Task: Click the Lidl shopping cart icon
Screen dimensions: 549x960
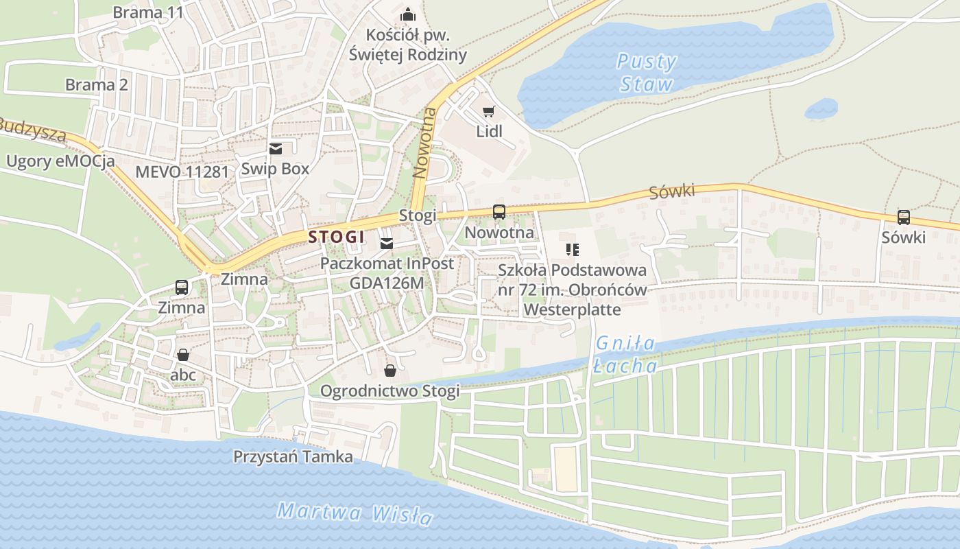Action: (x=488, y=112)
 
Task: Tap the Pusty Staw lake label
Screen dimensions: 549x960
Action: (x=646, y=73)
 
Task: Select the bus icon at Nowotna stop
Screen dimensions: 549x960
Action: (x=499, y=212)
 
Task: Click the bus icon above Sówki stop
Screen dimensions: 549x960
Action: (x=904, y=218)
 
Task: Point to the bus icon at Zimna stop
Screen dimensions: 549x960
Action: (x=182, y=288)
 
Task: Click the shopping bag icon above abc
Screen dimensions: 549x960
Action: (x=183, y=355)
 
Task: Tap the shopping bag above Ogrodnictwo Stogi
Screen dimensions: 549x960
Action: (x=390, y=371)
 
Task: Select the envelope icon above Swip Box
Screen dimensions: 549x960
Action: (x=276, y=148)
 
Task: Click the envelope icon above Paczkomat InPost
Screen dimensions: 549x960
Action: (x=387, y=244)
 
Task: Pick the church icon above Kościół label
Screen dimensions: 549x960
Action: (x=408, y=14)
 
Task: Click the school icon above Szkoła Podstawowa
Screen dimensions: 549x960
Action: (x=573, y=250)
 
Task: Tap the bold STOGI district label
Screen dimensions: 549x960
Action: (x=336, y=237)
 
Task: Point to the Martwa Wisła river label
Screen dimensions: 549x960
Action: (x=355, y=513)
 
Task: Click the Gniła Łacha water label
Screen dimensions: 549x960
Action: (x=625, y=354)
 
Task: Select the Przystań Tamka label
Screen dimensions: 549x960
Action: (x=293, y=456)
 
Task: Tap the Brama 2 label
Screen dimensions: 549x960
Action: (x=97, y=85)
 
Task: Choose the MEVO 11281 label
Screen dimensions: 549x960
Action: (x=182, y=172)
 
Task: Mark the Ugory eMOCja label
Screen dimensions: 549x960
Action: (x=60, y=162)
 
